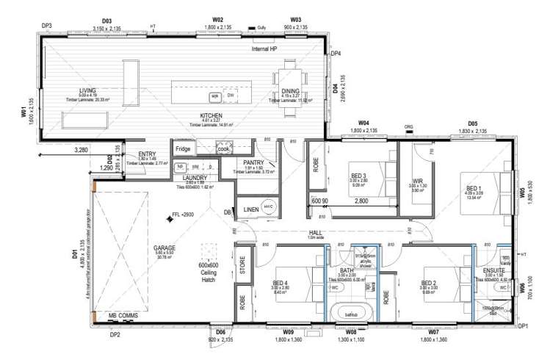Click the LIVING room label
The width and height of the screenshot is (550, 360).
pos(87,90)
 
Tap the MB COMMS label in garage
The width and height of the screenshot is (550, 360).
pos(123,315)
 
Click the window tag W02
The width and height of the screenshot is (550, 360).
pos(217,19)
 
